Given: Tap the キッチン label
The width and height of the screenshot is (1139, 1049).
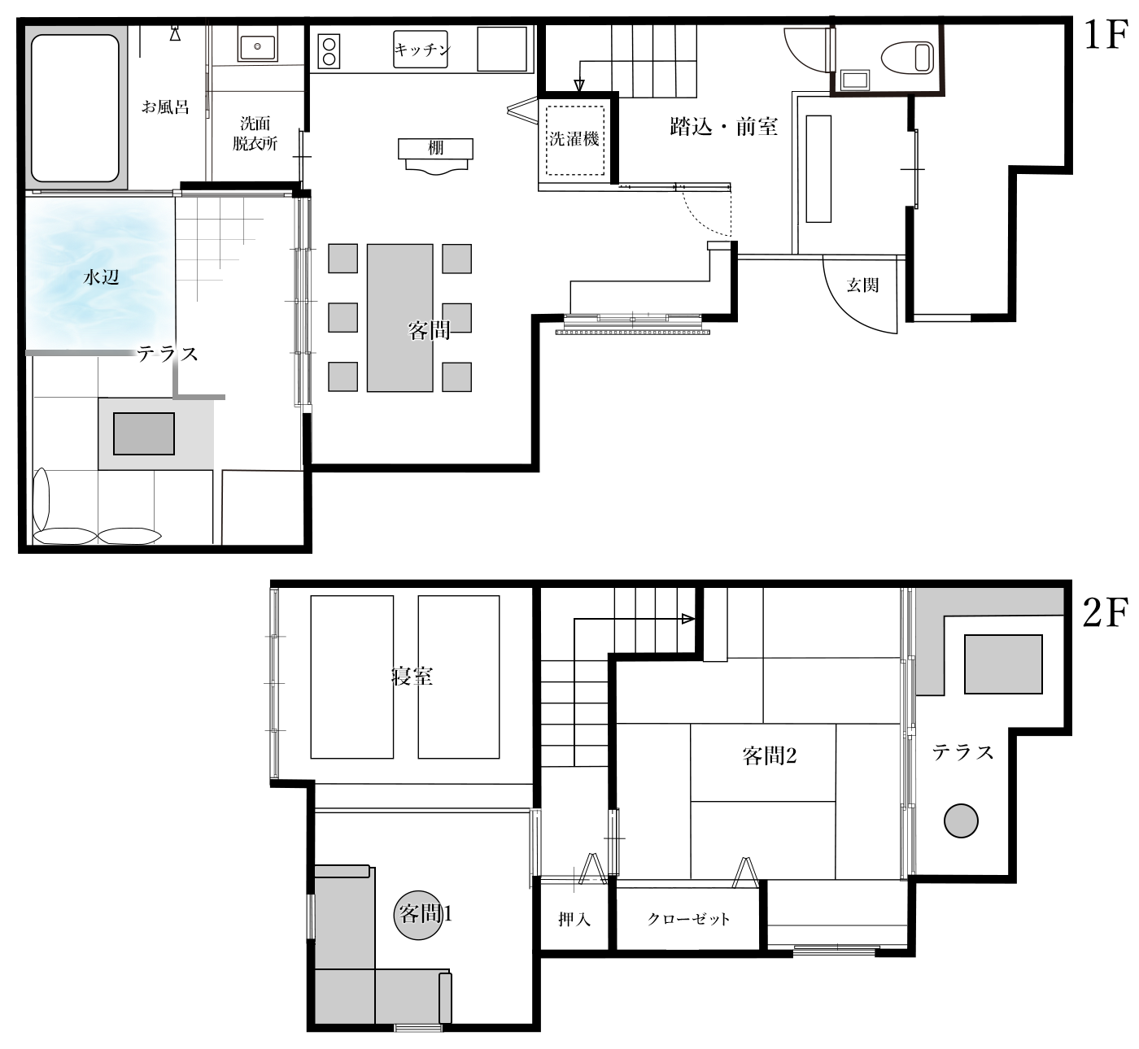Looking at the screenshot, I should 422,50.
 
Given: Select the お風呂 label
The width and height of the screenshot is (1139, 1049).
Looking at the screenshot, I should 165,107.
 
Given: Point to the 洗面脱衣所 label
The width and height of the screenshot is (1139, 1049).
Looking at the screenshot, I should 255,133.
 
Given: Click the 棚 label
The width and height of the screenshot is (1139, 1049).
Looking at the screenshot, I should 436,148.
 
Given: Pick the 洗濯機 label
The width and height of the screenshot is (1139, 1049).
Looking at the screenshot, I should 574,139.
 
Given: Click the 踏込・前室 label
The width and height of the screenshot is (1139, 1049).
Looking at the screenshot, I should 723,127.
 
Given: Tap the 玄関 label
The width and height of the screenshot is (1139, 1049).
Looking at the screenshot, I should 862,285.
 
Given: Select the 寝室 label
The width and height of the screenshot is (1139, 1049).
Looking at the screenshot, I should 412,677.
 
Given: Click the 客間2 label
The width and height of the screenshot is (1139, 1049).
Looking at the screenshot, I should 769,755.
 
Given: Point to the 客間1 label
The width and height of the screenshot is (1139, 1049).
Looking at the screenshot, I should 425,914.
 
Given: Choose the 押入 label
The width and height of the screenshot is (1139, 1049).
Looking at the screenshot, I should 574,920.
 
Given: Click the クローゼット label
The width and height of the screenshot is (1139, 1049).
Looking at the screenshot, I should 688,920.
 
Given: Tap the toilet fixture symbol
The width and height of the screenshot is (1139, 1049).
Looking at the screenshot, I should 907,57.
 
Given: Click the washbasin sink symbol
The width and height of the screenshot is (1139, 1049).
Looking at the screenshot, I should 258,45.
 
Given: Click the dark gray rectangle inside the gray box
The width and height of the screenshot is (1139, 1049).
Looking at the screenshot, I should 144,433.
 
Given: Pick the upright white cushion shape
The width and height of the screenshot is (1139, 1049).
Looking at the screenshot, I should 41,498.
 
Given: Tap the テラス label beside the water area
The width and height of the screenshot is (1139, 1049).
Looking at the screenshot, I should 167,355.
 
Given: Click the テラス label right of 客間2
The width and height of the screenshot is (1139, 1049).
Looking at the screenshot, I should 962,752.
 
